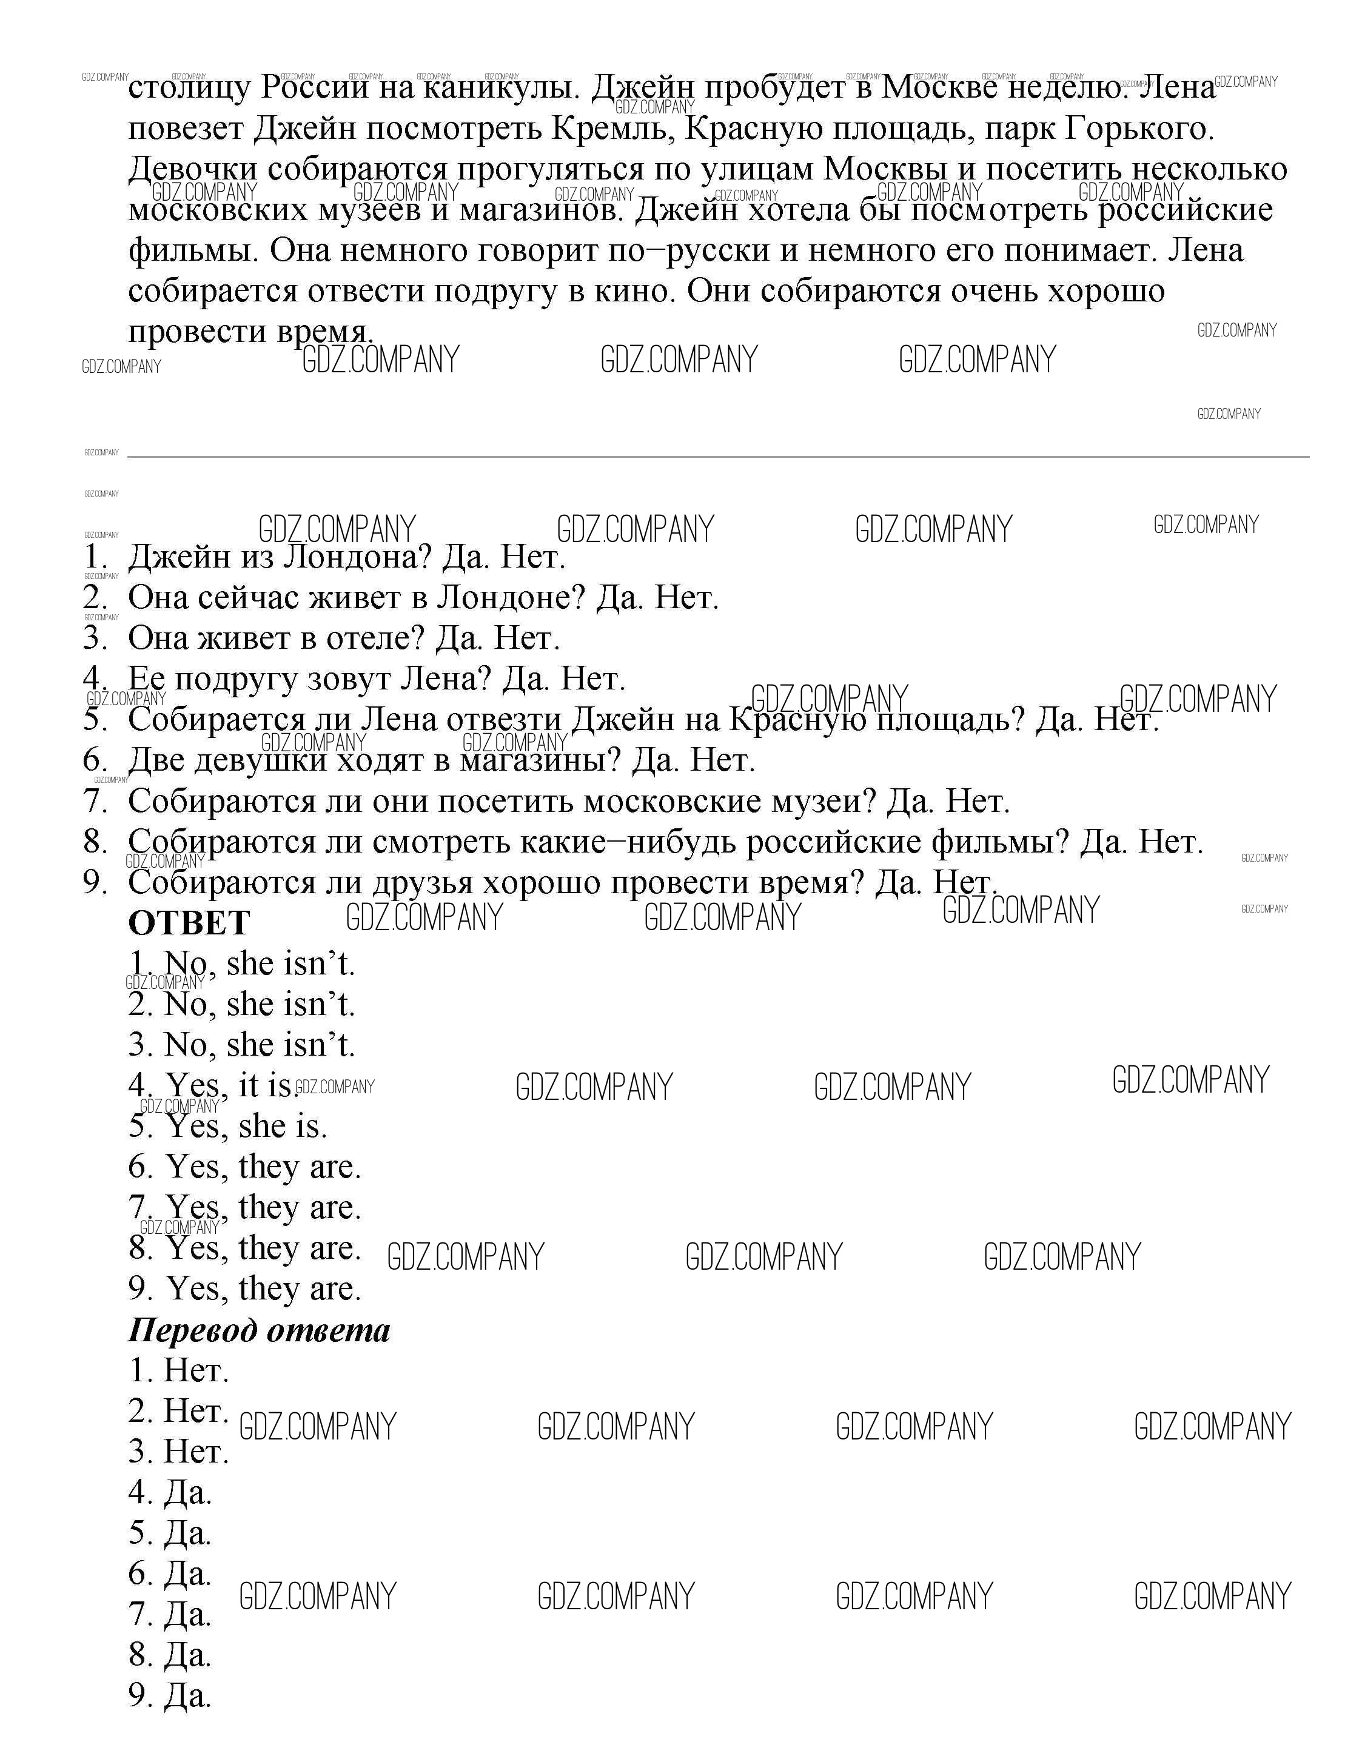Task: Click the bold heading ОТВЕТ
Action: (189, 923)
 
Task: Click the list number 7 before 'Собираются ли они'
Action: (94, 801)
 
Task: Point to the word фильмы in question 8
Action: (1001, 842)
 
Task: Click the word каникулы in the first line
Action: (500, 87)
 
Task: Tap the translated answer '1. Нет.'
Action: (178, 1370)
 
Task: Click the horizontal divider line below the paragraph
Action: (717, 457)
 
